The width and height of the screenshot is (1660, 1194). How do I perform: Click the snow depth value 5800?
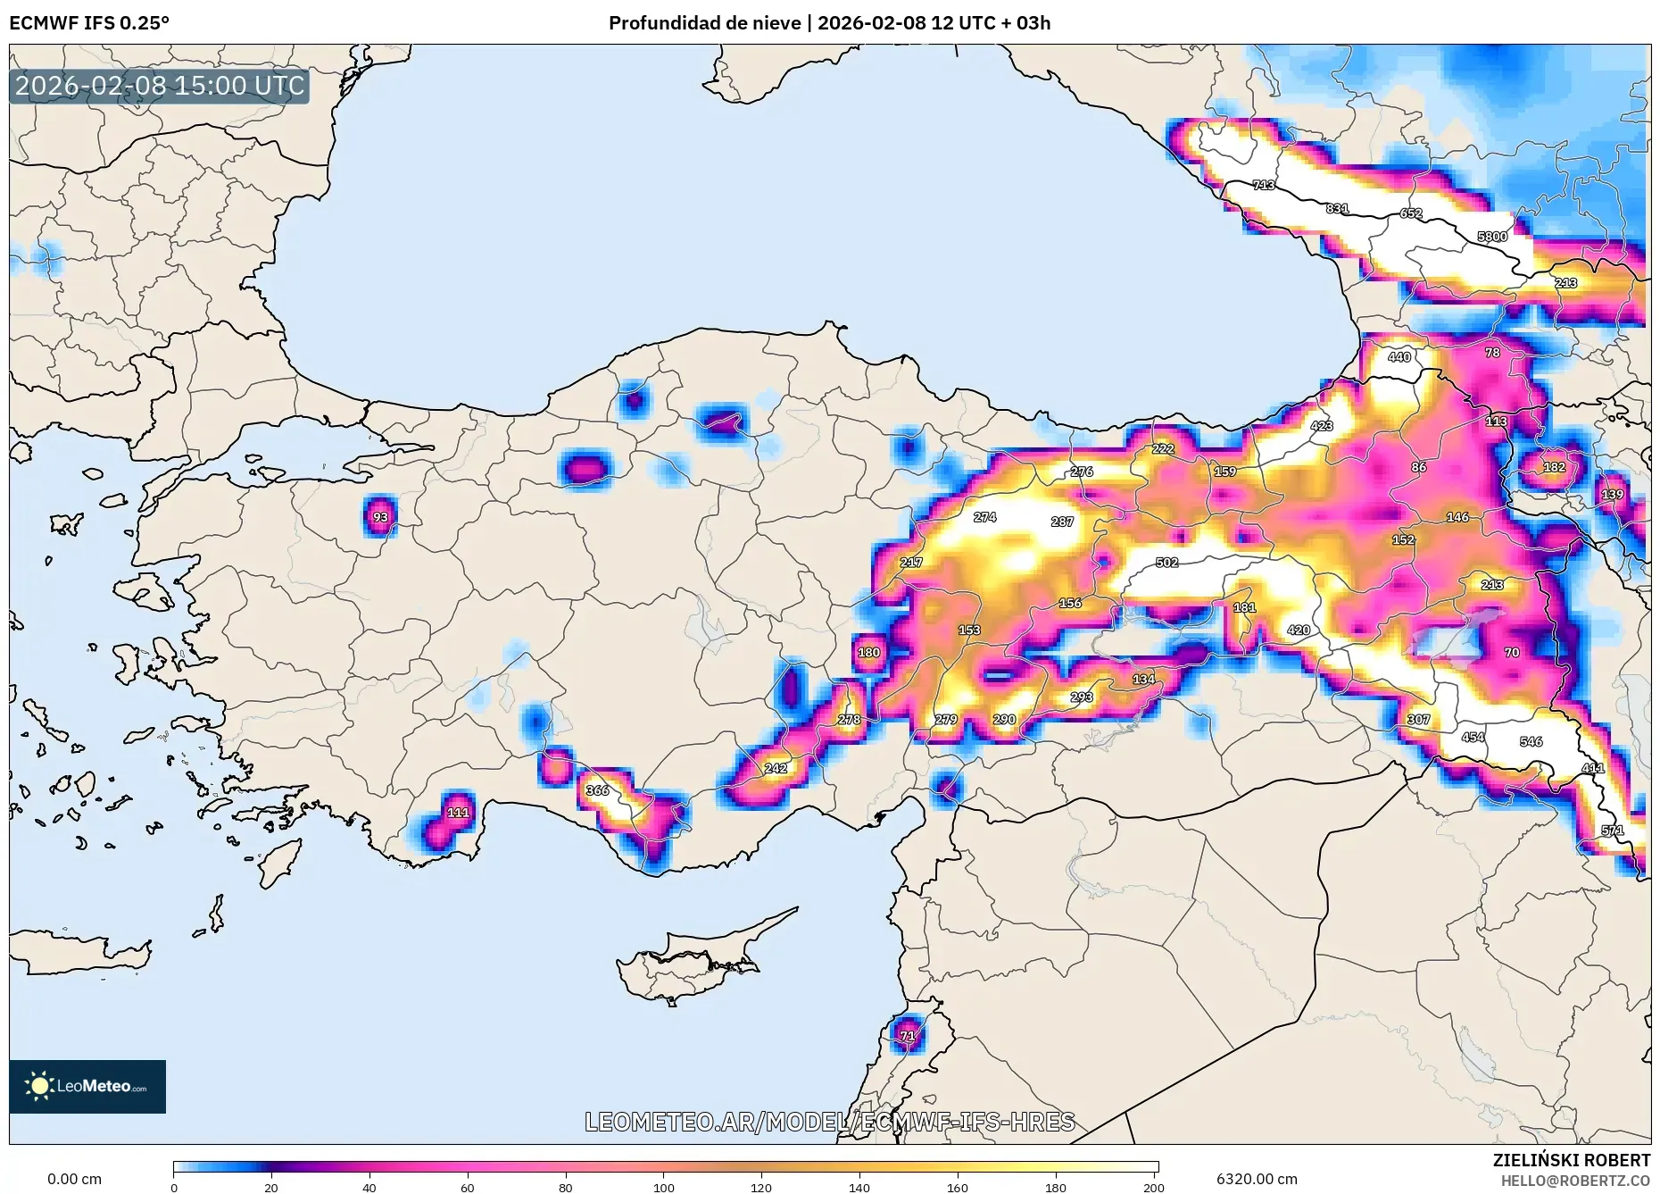click(x=1492, y=237)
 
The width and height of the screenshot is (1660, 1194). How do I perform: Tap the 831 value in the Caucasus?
click(x=1337, y=208)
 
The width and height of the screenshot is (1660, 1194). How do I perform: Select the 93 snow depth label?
click(x=381, y=517)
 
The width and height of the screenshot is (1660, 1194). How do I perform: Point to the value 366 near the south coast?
click(x=597, y=790)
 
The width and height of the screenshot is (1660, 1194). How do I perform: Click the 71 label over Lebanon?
click(x=908, y=1036)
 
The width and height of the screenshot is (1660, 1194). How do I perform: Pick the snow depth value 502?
click(x=1166, y=563)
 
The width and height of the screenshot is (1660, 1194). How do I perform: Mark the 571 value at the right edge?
click(x=1612, y=831)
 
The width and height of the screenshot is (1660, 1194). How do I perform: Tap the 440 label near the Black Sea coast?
click(x=1399, y=357)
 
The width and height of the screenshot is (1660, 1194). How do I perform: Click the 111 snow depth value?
click(x=458, y=813)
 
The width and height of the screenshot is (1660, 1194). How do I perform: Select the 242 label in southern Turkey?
click(x=776, y=768)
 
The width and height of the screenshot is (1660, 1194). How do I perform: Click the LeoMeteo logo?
click(x=87, y=1086)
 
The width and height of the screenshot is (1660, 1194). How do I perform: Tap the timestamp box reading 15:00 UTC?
click(x=160, y=86)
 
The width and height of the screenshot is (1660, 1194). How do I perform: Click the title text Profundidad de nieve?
click(x=705, y=23)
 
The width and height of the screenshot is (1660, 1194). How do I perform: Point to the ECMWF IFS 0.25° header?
click(x=89, y=23)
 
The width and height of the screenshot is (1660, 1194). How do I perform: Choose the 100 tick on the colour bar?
click(x=663, y=1187)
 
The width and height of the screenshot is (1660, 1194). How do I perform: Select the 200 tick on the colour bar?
click(x=1153, y=1187)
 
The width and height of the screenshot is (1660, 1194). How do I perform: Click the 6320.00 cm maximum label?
click(x=1257, y=1179)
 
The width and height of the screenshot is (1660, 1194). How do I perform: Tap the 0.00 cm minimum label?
click(x=74, y=1179)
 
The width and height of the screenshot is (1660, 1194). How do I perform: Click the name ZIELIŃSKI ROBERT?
click(x=1571, y=1160)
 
